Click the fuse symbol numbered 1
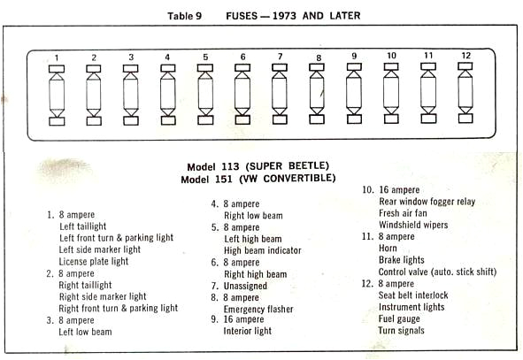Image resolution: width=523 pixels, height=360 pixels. pyautogui.click(x=57, y=96)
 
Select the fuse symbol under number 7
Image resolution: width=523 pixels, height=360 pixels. pyautogui.click(x=280, y=94)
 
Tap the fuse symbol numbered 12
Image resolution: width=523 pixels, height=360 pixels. pyautogui.click(x=465, y=93)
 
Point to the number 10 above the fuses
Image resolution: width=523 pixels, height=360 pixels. pyautogui.click(x=391, y=56)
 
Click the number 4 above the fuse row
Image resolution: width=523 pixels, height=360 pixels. pyautogui.click(x=167, y=57)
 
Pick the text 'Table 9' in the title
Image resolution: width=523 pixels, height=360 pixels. pyautogui.click(x=184, y=16)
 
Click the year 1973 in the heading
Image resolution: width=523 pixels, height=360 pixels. pyautogui.click(x=284, y=16)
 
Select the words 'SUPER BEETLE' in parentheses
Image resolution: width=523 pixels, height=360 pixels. pyautogui.click(x=288, y=165)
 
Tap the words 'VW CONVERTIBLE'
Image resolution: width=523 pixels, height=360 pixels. pyautogui.click(x=288, y=179)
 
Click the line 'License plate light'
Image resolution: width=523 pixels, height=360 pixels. pyautogui.click(x=94, y=261)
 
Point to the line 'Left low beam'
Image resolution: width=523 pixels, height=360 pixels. pyautogui.click(x=85, y=332)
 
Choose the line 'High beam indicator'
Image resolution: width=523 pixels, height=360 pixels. pyautogui.click(x=263, y=250)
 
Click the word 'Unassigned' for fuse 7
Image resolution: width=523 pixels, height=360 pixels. pyautogui.click(x=245, y=286)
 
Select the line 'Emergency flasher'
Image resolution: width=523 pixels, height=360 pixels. pyautogui.click(x=258, y=310)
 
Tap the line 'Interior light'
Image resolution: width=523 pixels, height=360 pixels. pyautogui.click(x=248, y=331)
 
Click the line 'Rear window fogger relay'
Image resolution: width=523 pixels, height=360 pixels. pyautogui.click(x=427, y=202)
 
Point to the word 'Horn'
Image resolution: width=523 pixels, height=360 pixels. pyautogui.click(x=388, y=248)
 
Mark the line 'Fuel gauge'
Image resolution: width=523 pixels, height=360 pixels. pyautogui.click(x=399, y=319)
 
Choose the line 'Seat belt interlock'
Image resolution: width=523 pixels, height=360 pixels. pyautogui.click(x=413, y=295)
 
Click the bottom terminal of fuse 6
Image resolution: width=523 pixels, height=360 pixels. pyautogui.click(x=242, y=119)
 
